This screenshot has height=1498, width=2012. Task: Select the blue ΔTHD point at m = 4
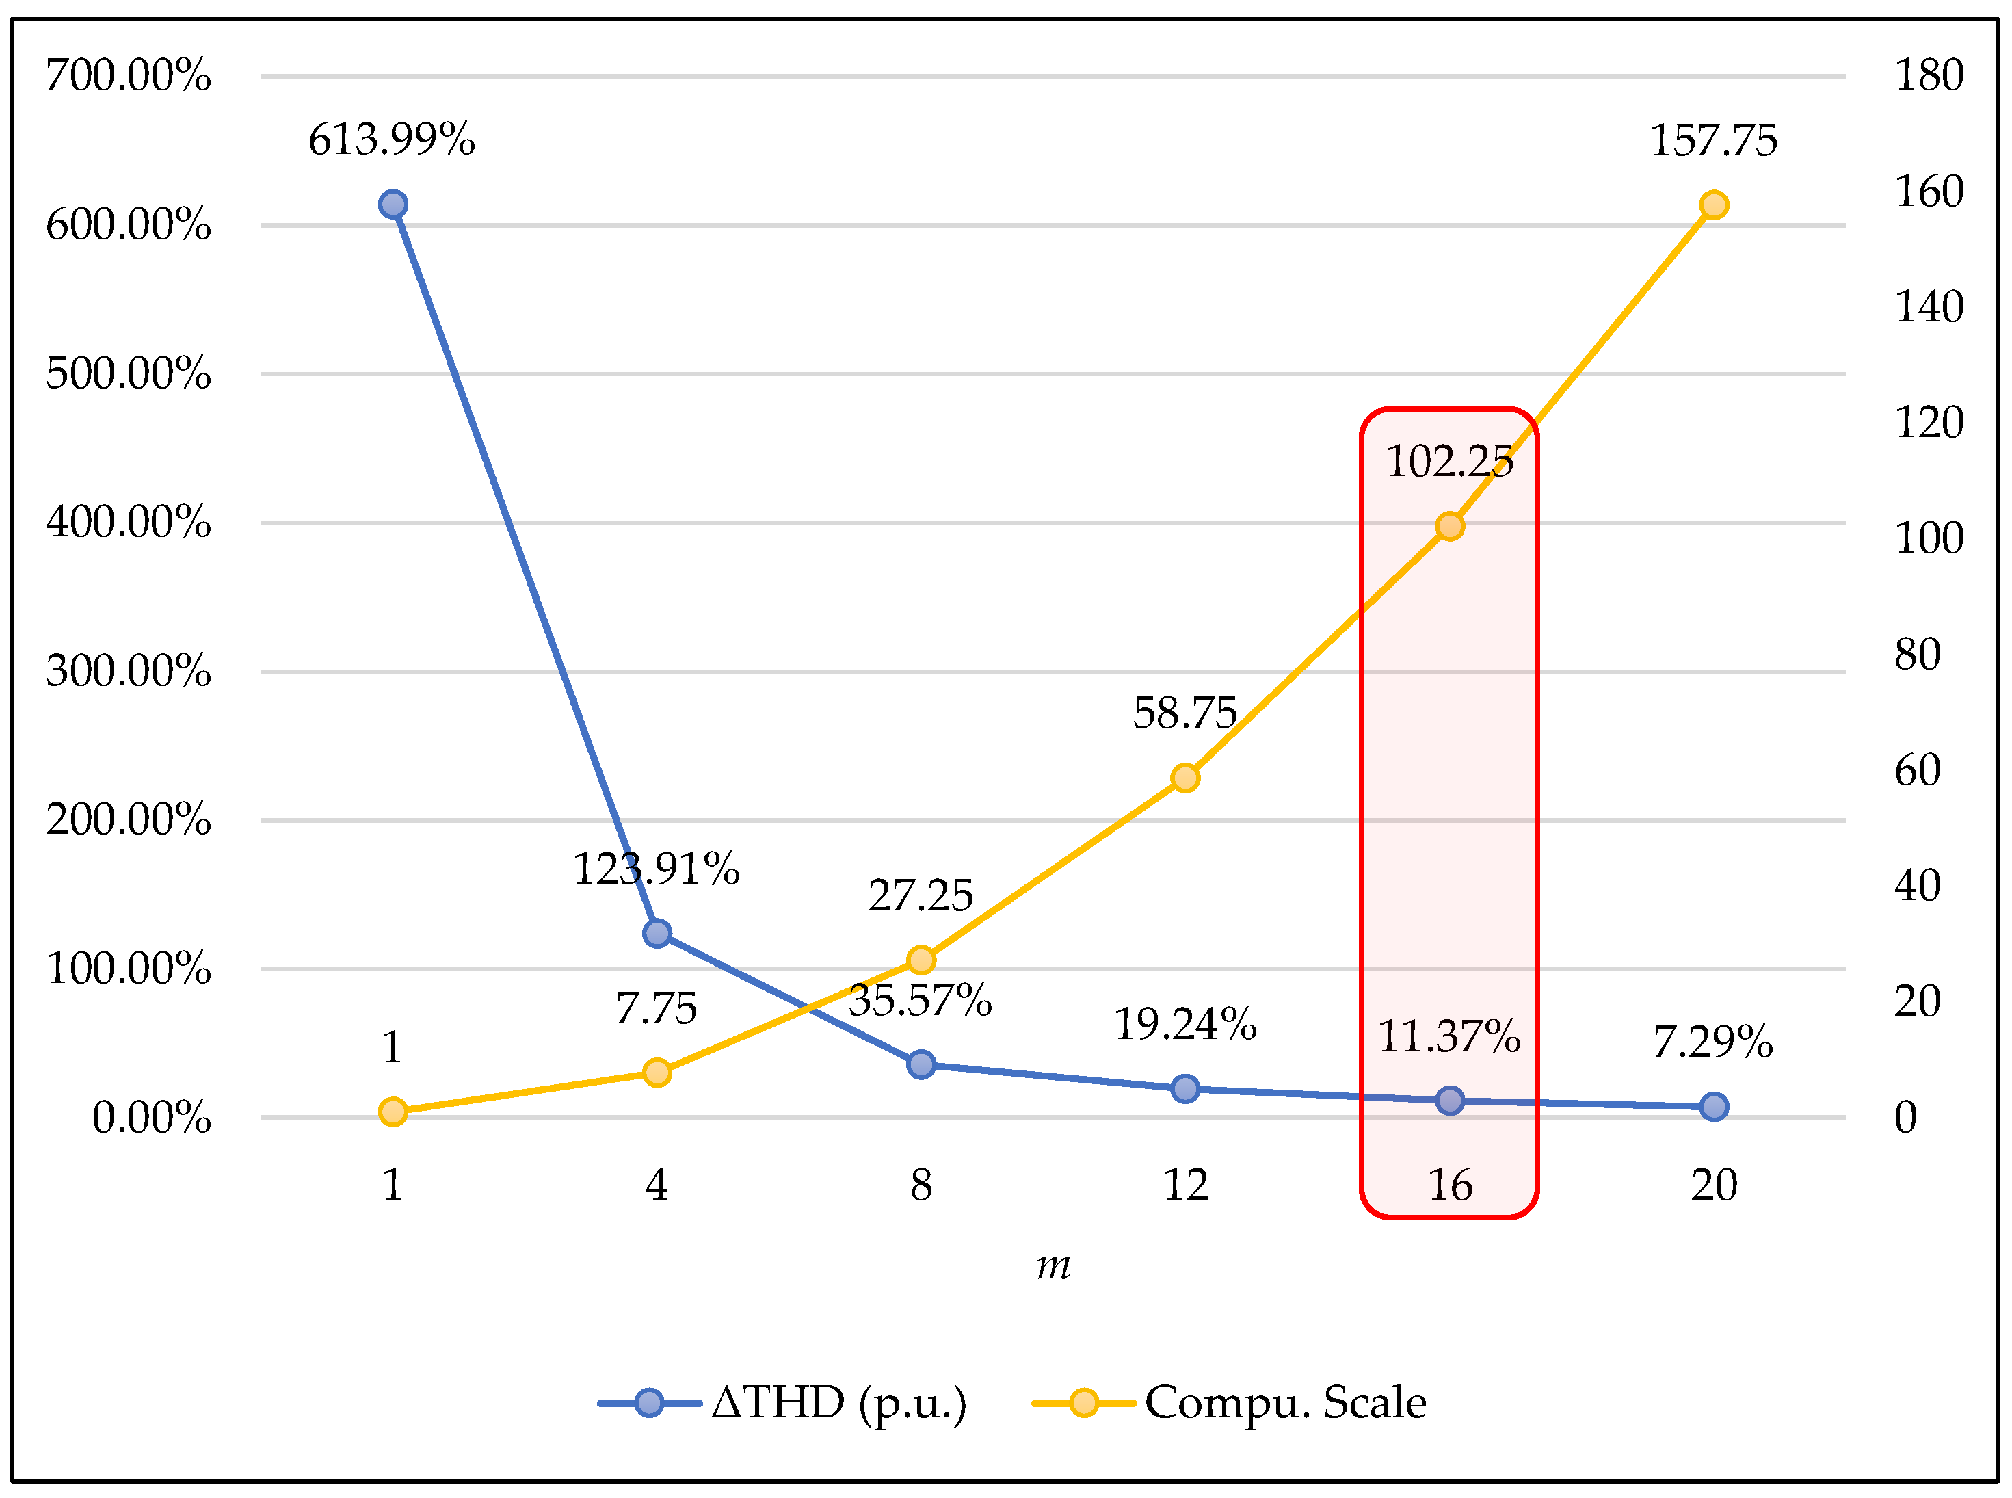coord(657,933)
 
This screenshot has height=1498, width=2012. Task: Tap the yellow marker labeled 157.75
coord(1712,205)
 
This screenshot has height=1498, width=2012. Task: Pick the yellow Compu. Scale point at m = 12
coord(1185,777)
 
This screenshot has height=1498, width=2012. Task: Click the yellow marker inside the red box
coord(1449,526)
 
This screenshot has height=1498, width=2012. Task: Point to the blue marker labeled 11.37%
coord(1449,1100)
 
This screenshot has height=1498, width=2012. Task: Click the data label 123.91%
coord(656,869)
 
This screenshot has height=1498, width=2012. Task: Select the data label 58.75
coord(1184,713)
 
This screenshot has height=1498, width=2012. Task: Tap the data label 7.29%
coord(1712,1041)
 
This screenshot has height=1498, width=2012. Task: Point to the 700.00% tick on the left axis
coord(128,75)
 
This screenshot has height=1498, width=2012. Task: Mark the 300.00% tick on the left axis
coord(128,671)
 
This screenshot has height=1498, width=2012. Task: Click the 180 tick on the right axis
coord(1929,75)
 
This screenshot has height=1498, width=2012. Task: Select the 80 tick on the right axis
coord(1917,654)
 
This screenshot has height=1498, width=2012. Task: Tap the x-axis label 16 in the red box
coord(1449,1185)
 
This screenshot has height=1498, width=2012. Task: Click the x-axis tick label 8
coord(921,1185)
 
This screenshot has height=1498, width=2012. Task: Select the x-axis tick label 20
coord(1712,1185)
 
